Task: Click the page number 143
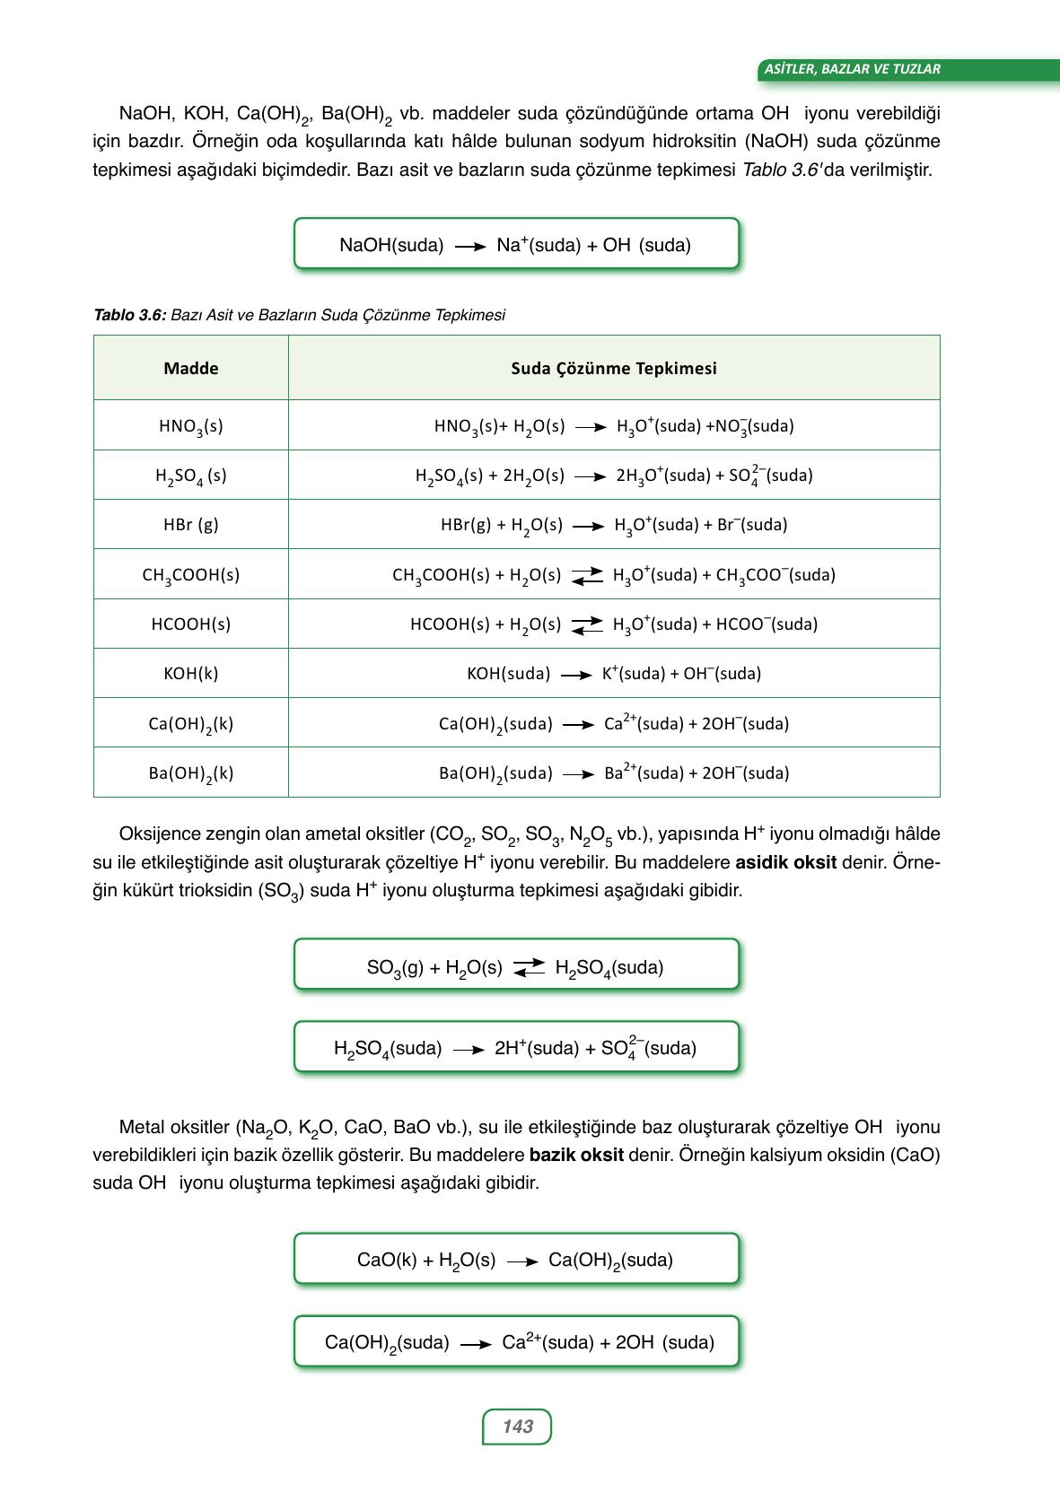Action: click(x=517, y=1427)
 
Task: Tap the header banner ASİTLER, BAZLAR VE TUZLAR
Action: click(x=852, y=69)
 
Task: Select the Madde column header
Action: click(x=190, y=368)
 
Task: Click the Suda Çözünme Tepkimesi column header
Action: click(x=614, y=368)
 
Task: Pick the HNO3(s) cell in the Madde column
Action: click(x=190, y=426)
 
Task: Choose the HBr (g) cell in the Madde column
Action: click(x=190, y=525)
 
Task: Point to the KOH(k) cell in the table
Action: click(x=190, y=674)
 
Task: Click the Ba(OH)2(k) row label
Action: click(x=190, y=773)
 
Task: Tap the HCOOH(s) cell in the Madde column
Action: click(x=190, y=624)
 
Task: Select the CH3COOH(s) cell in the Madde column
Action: click(x=190, y=575)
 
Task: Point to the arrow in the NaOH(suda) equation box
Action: click(x=470, y=246)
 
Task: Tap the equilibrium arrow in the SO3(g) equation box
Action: click(x=529, y=967)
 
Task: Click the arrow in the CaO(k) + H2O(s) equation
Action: click(x=521, y=1261)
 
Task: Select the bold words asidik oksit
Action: click(x=785, y=862)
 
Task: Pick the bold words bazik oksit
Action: click(x=576, y=1155)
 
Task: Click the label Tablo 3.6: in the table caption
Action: click(x=130, y=315)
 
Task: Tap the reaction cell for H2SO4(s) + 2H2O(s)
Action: click(x=614, y=476)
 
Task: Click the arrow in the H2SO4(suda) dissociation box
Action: click(x=469, y=1049)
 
